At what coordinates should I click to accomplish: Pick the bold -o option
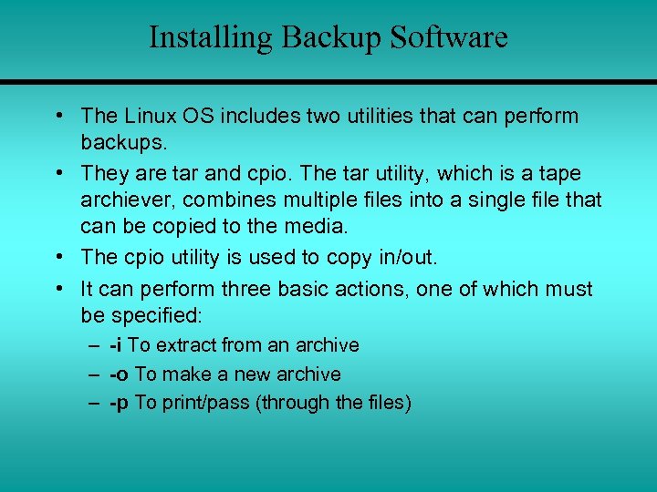click(119, 374)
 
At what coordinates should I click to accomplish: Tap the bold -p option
click(119, 403)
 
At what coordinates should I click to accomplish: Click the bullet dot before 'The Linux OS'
click(59, 116)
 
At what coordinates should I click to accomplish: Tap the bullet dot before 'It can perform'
click(59, 289)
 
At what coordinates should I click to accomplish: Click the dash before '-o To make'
click(94, 374)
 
